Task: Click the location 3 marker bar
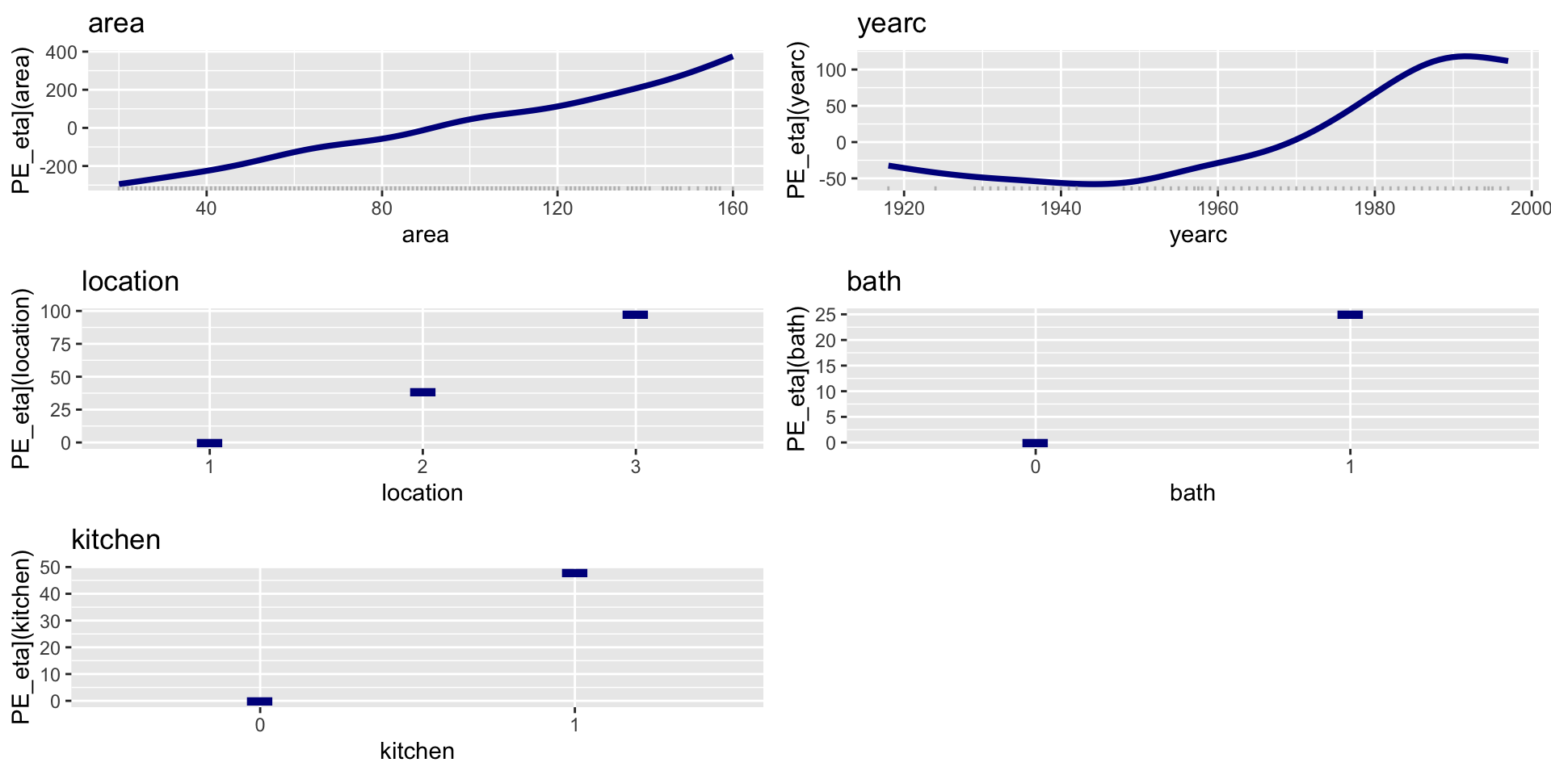[635, 315]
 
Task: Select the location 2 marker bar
[422, 392]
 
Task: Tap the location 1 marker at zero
[209, 443]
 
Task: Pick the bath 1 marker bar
[1350, 315]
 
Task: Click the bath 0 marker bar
[1035, 443]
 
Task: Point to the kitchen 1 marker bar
[574, 573]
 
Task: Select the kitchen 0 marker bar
[259, 702]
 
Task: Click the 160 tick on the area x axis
[733, 208]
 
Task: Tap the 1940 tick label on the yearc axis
[1061, 208]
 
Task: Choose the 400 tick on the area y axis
[61, 52]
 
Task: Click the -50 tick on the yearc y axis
[831, 178]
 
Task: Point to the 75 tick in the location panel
[61, 344]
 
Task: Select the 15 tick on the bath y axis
[826, 366]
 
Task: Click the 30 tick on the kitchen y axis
[50, 621]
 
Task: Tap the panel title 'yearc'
[892, 23]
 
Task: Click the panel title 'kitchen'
[116, 539]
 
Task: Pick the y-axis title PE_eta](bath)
[797, 379]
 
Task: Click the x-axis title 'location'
[422, 492]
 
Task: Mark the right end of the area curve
[732, 57]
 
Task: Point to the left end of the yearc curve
[890, 165]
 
